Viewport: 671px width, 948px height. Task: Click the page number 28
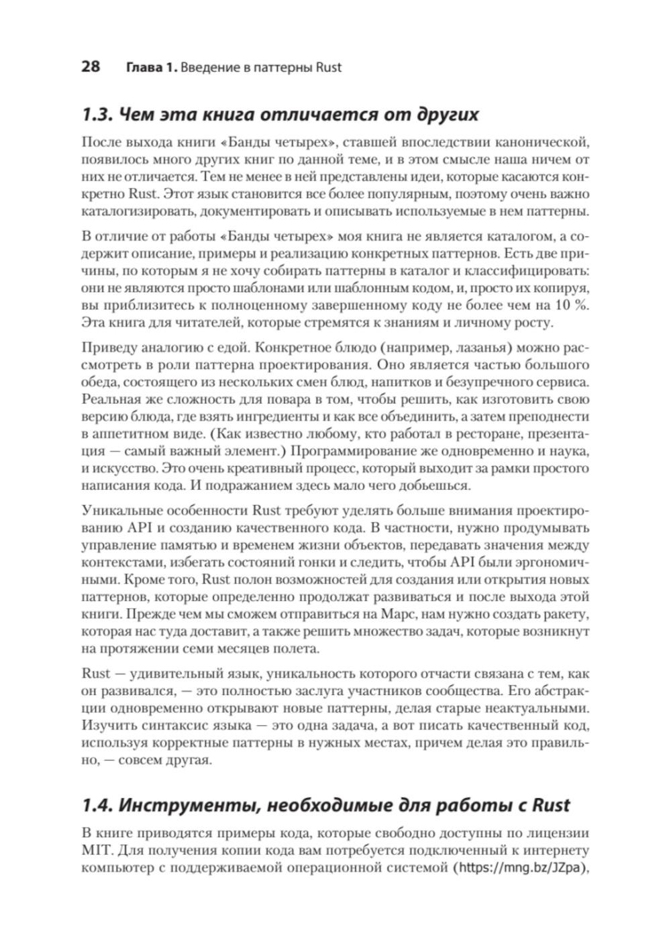[90, 66]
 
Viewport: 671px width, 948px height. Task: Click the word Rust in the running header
[328, 67]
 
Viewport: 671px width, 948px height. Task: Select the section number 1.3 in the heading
[96, 114]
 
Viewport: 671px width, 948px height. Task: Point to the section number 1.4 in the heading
[96, 804]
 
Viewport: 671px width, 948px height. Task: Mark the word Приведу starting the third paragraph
[105, 349]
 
